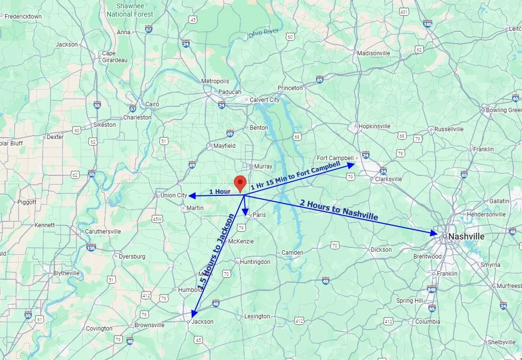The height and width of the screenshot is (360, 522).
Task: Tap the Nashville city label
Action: (x=467, y=237)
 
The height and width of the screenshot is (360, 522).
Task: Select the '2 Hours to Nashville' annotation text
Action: (x=339, y=210)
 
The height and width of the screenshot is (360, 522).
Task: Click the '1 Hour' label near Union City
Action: (x=220, y=191)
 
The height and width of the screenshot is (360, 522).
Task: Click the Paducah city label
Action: (x=230, y=92)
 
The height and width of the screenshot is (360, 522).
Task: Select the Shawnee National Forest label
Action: (x=130, y=10)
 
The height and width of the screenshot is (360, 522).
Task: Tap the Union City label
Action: (x=174, y=195)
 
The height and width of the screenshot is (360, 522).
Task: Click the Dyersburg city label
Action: (x=132, y=256)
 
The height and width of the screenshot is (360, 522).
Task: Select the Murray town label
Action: (x=263, y=167)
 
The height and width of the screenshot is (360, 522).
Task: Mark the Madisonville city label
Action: (x=373, y=53)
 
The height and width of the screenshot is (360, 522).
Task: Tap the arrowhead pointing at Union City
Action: (x=192, y=196)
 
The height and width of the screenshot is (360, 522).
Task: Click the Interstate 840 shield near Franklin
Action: (x=432, y=289)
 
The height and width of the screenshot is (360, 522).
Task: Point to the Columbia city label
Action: (x=427, y=322)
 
